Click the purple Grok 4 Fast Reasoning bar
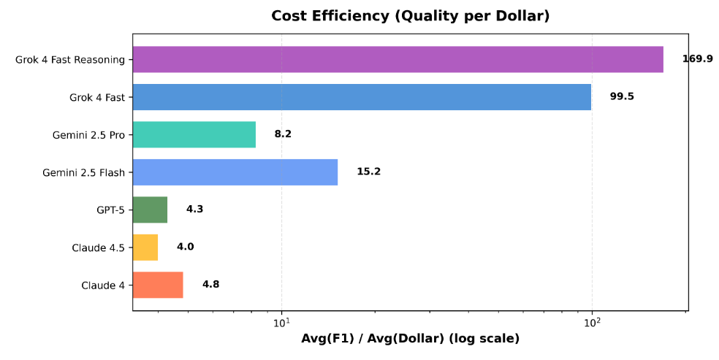click(397, 59)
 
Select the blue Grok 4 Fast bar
click(362, 97)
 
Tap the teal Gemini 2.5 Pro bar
click(194, 134)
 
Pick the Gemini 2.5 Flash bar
click(235, 172)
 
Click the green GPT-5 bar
click(150, 210)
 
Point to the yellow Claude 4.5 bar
click(145, 247)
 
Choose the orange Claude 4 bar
click(158, 285)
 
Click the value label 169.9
click(697, 58)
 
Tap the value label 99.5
click(622, 96)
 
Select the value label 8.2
click(283, 134)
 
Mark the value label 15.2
click(368, 172)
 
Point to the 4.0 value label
click(185, 247)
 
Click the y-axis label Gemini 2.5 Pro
click(88, 135)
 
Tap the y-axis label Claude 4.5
click(98, 248)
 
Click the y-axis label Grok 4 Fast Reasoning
click(70, 60)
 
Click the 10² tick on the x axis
click(592, 322)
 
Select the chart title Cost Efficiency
click(410, 16)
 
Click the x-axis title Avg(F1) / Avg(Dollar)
click(410, 339)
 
